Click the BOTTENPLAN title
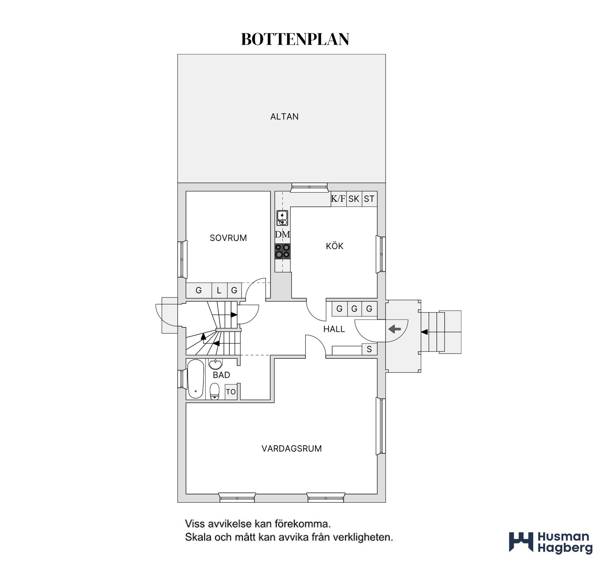coord(295,39)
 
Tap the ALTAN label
coord(284,116)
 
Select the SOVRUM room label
coord(228,238)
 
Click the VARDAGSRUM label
coord(291,448)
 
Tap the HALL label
coord(334,329)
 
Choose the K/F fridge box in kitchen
coord(338,199)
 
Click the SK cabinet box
coord(354,199)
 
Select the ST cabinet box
coord(369,199)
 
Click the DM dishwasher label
coord(282,234)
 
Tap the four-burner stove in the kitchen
coord(282,251)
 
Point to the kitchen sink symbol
coord(282,218)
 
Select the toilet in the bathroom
coord(214,391)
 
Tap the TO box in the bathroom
coord(231,392)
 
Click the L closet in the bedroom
coord(219,290)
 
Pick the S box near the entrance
coord(369,349)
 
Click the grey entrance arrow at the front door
coord(395,329)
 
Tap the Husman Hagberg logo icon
coord(521,543)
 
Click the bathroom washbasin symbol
coord(215,364)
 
